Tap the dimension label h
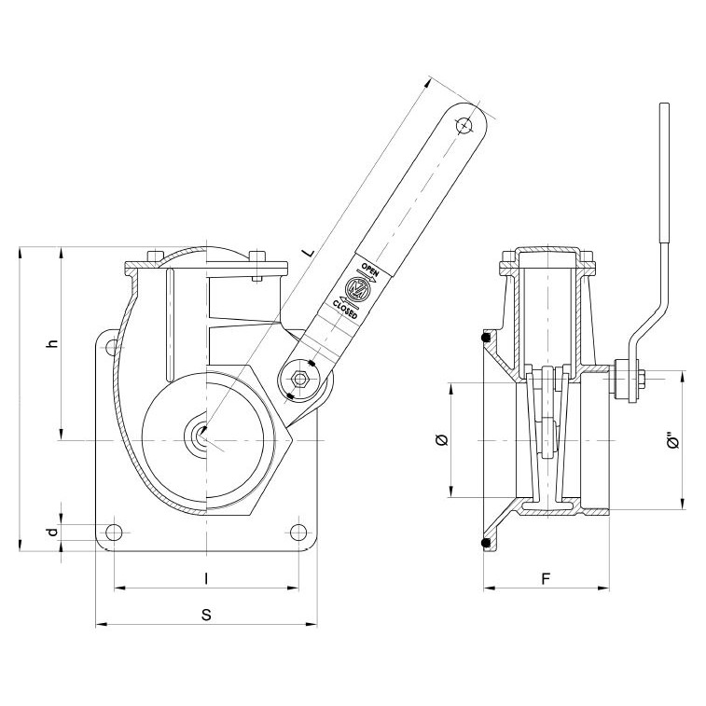54,343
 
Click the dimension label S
206,615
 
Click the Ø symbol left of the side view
441,440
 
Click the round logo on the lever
357,286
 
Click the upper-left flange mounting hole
113,348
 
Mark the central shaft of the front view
201,436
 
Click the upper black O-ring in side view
484,337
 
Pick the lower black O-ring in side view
484,542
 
